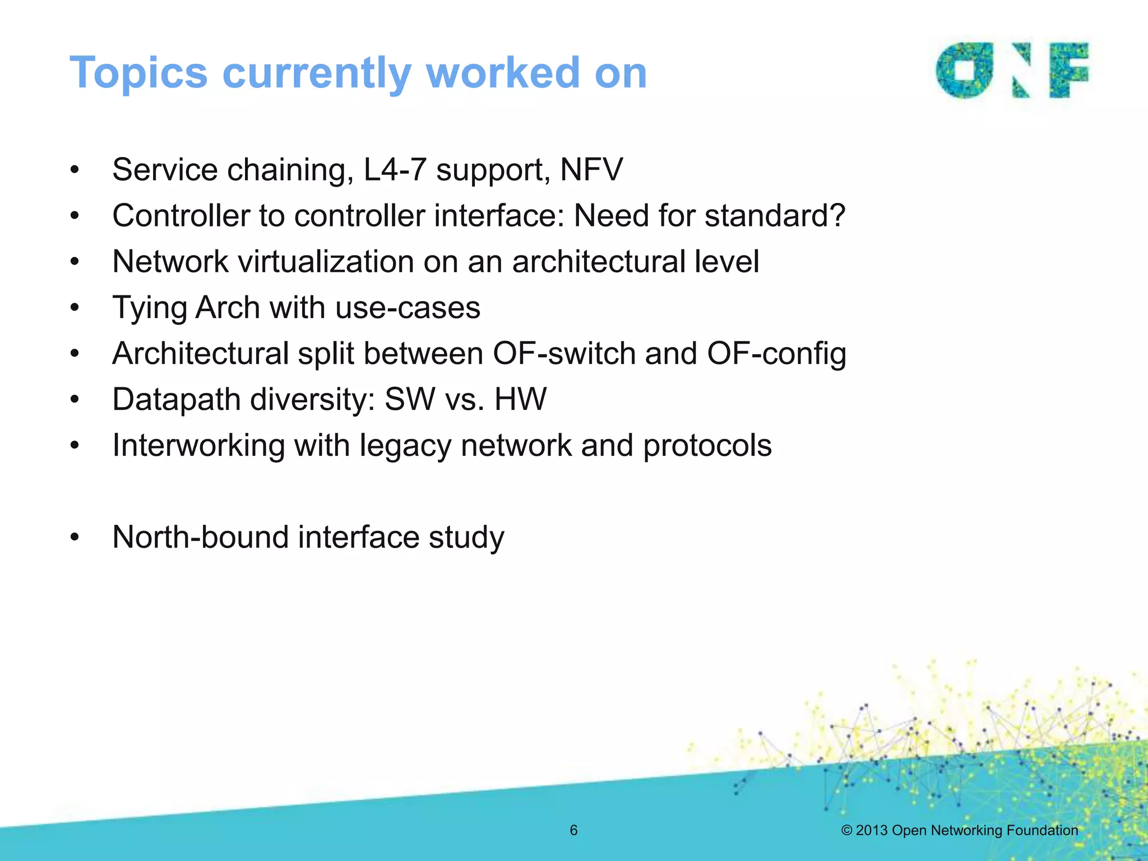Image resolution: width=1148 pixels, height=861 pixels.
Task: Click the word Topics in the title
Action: [x=138, y=73]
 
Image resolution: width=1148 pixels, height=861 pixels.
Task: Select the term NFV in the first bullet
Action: [x=591, y=169]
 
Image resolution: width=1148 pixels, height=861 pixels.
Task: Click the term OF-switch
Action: [x=563, y=353]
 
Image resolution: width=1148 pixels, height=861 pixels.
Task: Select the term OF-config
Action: [x=776, y=354]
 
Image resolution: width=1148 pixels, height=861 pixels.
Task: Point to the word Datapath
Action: [x=176, y=400]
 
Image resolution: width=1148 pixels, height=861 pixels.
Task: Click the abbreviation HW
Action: [x=520, y=399]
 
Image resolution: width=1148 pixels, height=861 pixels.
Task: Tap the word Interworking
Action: [x=198, y=446]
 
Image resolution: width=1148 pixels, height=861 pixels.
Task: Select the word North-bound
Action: [x=200, y=537]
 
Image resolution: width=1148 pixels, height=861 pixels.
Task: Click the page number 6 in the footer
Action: [x=573, y=830]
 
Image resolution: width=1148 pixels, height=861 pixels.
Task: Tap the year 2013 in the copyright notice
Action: [x=872, y=830]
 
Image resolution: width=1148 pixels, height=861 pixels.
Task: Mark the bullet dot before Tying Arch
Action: [x=75, y=308]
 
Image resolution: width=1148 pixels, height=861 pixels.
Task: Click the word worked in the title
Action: [x=502, y=73]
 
